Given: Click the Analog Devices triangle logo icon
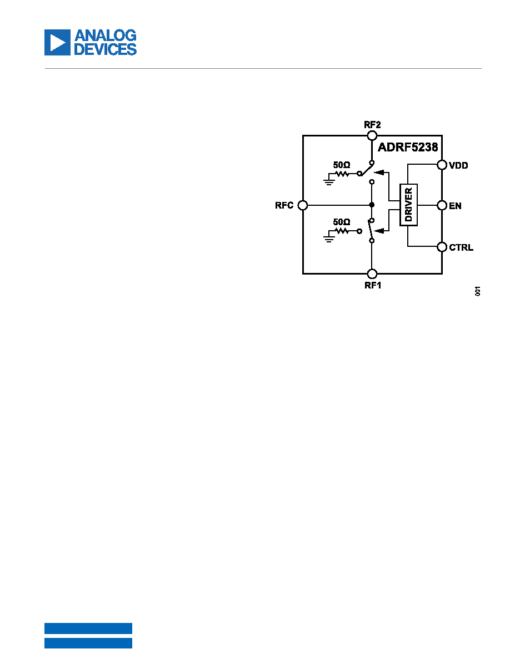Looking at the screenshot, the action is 57,43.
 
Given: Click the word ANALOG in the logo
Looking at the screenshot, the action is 105,36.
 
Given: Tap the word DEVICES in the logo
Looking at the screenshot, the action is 105,49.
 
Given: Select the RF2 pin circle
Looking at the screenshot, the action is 372,135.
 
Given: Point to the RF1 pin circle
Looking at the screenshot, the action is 372,274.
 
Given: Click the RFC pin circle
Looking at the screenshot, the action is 303,205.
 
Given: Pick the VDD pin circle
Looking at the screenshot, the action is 442,165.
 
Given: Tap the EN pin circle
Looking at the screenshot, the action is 442,205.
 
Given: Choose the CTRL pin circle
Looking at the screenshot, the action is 442,247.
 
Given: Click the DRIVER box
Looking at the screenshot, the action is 408,205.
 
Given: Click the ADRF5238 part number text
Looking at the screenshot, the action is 408,147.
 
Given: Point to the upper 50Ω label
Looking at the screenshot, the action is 342,165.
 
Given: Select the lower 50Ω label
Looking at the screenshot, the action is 342,221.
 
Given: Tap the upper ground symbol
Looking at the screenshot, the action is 329,181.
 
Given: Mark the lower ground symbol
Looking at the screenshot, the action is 329,239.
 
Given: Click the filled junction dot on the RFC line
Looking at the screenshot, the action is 372,205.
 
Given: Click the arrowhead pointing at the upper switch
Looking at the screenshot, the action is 379,172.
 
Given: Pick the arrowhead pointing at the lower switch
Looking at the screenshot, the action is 379,230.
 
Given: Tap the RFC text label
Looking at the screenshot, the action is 284,205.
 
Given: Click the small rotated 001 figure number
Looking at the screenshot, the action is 477,291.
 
